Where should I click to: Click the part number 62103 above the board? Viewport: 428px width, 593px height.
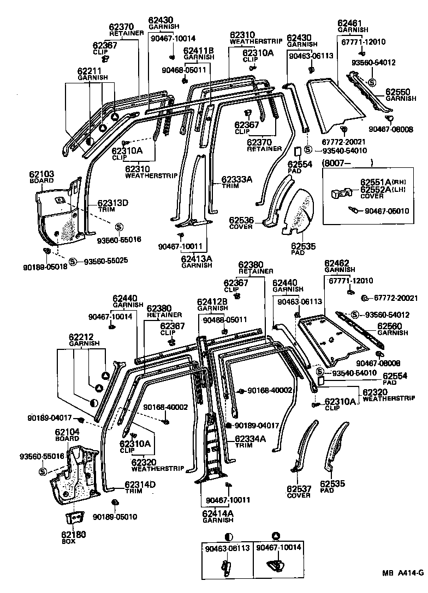pos(41,174)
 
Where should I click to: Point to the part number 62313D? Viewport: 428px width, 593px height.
pos(113,203)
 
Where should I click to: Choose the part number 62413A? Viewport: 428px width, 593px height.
pos(197,258)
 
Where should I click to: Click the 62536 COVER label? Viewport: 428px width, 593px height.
pos(241,223)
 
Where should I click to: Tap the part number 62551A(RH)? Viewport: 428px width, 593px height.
pos(382,181)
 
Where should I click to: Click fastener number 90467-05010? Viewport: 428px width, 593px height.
pos(387,211)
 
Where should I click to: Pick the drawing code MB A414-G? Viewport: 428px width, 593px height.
pos(402,573)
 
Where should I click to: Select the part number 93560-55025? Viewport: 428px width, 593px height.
pos(106,261)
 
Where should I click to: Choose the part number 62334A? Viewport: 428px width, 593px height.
pos(251,439)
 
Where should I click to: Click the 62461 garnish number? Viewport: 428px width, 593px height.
pos(349,23)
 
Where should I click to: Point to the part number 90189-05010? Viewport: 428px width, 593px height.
pos(115,516)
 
